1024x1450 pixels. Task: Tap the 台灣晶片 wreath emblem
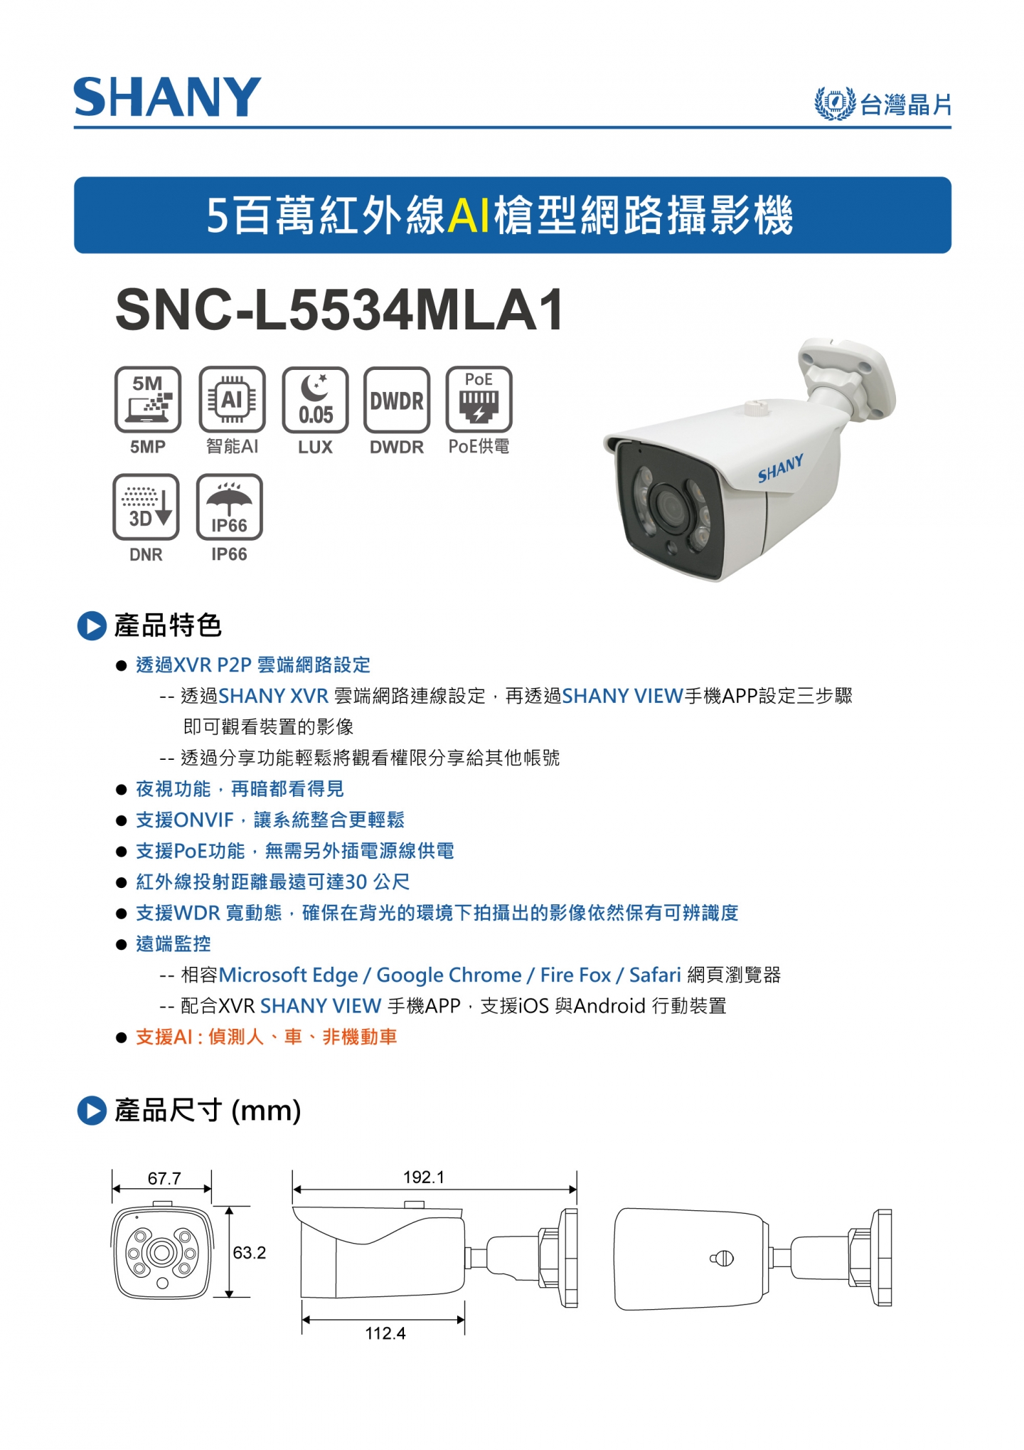click(x=834, y=104)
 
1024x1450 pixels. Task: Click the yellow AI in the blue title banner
click(x=469, y=215)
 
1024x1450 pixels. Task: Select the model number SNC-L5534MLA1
click(x=340, y=309)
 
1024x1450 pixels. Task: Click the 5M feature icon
click(x=148, y=400)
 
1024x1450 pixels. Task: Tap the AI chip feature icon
click(x=232, y=400)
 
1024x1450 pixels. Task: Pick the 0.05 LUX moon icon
click(x=315, y=400)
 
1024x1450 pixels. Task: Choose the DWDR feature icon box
click(x=397, y=400)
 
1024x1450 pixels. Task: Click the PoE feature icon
click(x=479, y=400)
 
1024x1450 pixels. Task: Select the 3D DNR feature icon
click(x=146, y=507)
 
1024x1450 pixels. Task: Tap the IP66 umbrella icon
click(x=229, y=507)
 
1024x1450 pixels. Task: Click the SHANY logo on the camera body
click(x=780, y=469)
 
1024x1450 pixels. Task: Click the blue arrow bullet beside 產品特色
click(x=92, y=626)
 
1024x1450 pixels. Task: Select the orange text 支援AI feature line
click(x=266, y=1037)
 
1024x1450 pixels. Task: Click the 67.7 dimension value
click(x=164, y=1178)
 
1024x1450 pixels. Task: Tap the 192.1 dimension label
click(x=424, y=1177)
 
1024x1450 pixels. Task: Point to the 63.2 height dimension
click(x=250, y=1252)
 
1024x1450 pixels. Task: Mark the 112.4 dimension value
click(x=385, y=1333)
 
